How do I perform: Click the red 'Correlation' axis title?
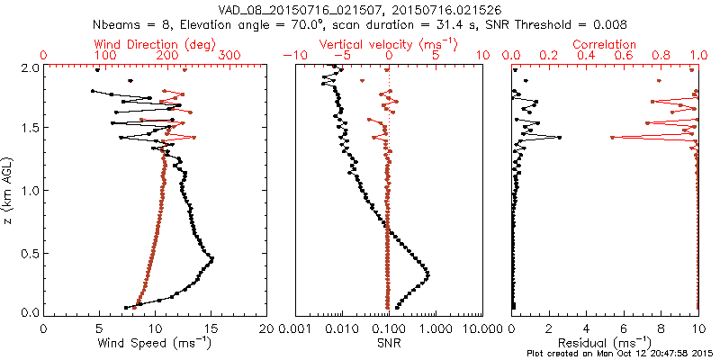[x=605, y=44]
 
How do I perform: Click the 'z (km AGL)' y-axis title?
[x=8, y=189]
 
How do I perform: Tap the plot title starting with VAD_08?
[x=359, y=9]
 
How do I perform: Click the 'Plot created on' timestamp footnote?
[x=622, y=354]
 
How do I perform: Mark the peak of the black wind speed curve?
[x=211, y=259]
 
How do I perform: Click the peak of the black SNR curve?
[x=427, y=274]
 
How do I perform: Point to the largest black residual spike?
[x=560, y=138]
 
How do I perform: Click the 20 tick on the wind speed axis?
[x=266, y=328]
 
